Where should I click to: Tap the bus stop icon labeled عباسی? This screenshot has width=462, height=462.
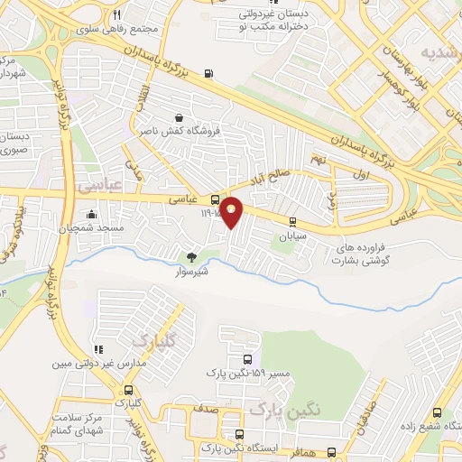pyautogui.click(x=216, y=199)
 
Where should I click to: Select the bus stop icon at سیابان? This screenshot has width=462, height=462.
pyautogui.click(x=292, y=222)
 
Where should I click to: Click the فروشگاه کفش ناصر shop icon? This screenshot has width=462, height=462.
pyautogui.click(x=179, y=117)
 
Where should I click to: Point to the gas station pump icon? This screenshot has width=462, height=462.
pyautogui.click(x=209, y=74)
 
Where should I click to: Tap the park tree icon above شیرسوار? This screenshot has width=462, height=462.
pyautogui.click(x=189, y=256)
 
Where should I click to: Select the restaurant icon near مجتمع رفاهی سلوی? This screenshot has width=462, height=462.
pyautogui.click(x=116, y=15)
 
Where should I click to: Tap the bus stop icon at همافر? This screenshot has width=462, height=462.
pyautogui.click(x=331, y=452)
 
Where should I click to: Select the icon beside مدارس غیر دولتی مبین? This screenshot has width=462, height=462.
pyautogui.click(x=98, y=350)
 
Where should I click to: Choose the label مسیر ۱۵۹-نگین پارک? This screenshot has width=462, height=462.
pyautogui.click(x=236, y=372)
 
